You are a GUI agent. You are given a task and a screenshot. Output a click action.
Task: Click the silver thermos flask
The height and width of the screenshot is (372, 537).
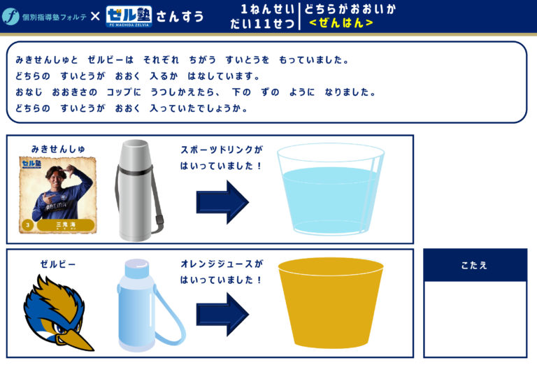[x=137, y=190]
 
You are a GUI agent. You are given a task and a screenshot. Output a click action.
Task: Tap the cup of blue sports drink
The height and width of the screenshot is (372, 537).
[x=331, y=189]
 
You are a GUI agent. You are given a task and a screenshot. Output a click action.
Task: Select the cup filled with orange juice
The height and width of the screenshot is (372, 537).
[x=331, y=303]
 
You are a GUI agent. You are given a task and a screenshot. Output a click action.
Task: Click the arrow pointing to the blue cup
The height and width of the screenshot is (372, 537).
[x=222, y=202]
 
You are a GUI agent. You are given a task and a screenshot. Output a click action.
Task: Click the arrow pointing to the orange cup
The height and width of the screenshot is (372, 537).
[x=222, y=314]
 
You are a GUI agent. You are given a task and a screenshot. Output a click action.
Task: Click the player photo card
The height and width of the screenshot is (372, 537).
[x=57, y=195]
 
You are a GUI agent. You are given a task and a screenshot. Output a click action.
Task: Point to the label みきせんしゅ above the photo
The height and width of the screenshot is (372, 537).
[x=58, y=149]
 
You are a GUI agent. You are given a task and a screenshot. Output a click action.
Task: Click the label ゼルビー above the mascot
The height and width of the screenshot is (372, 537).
[x=58, y=264]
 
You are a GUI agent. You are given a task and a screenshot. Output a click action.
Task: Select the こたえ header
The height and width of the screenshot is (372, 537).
[x=475, y=265]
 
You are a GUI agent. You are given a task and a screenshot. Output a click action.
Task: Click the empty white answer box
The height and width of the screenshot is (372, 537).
[x=475, y=319]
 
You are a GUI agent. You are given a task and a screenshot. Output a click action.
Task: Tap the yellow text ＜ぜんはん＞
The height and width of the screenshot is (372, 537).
[x=341, y=23]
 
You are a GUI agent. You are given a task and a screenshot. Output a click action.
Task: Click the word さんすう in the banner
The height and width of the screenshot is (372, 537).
[x=180, y=17]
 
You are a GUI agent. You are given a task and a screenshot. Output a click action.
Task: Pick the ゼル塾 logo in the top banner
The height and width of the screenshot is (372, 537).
[x=129, y=17]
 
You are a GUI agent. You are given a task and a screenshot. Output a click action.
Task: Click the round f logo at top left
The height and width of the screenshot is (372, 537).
[x=10, y=16]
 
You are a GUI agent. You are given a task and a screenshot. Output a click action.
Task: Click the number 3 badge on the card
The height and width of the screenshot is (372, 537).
[x=27, y=225]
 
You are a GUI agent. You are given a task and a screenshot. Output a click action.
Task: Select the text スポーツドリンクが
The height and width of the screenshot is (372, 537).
[x=222, y=150]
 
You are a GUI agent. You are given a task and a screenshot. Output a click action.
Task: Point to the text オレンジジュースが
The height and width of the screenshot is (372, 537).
[x=222, y=264]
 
